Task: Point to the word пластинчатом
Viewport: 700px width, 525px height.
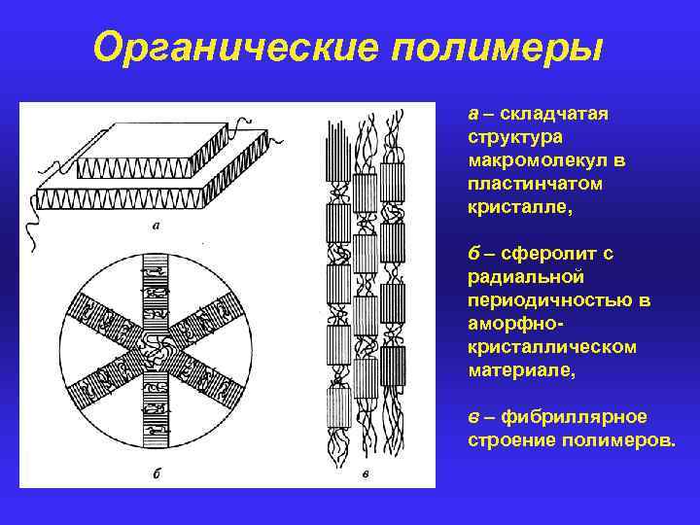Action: pos(526,183)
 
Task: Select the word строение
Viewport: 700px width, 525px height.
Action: pos(509,440)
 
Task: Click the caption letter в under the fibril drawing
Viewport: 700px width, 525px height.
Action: pos(365,474)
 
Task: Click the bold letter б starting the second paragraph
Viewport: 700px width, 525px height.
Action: pos(473,254)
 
